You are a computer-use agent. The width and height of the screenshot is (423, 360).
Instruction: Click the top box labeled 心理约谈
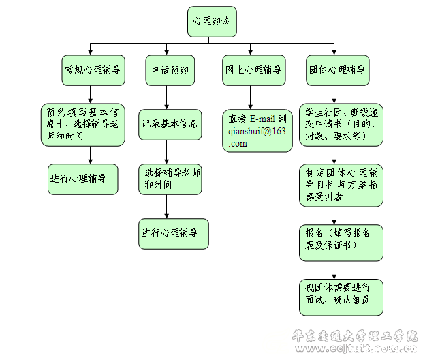pos(211,22)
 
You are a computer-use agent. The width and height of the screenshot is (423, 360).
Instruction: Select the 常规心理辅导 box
pos(93,70)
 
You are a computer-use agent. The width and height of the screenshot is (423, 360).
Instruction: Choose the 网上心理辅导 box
pos(253,70)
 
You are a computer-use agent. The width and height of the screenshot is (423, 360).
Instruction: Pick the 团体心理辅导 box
pos(337,70)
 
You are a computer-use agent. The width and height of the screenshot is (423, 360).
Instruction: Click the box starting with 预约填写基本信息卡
pos(82,123)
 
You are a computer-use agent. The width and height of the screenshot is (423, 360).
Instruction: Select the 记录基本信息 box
pos(170,125)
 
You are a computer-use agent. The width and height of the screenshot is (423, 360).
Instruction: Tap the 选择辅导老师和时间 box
pos(172,179)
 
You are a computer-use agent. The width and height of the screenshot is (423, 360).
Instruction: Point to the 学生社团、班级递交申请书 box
pos(341,124)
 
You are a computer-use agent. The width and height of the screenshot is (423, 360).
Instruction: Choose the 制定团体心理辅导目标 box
pos(341,184)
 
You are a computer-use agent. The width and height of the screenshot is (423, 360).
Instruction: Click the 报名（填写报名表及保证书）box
pos(341,242)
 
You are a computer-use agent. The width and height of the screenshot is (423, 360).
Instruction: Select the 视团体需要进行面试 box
pos(341,297)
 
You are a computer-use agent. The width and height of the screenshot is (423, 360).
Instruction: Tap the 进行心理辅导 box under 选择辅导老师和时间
pos(174,233)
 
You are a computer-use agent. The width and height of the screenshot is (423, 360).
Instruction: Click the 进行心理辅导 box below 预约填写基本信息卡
pos(82,179)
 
